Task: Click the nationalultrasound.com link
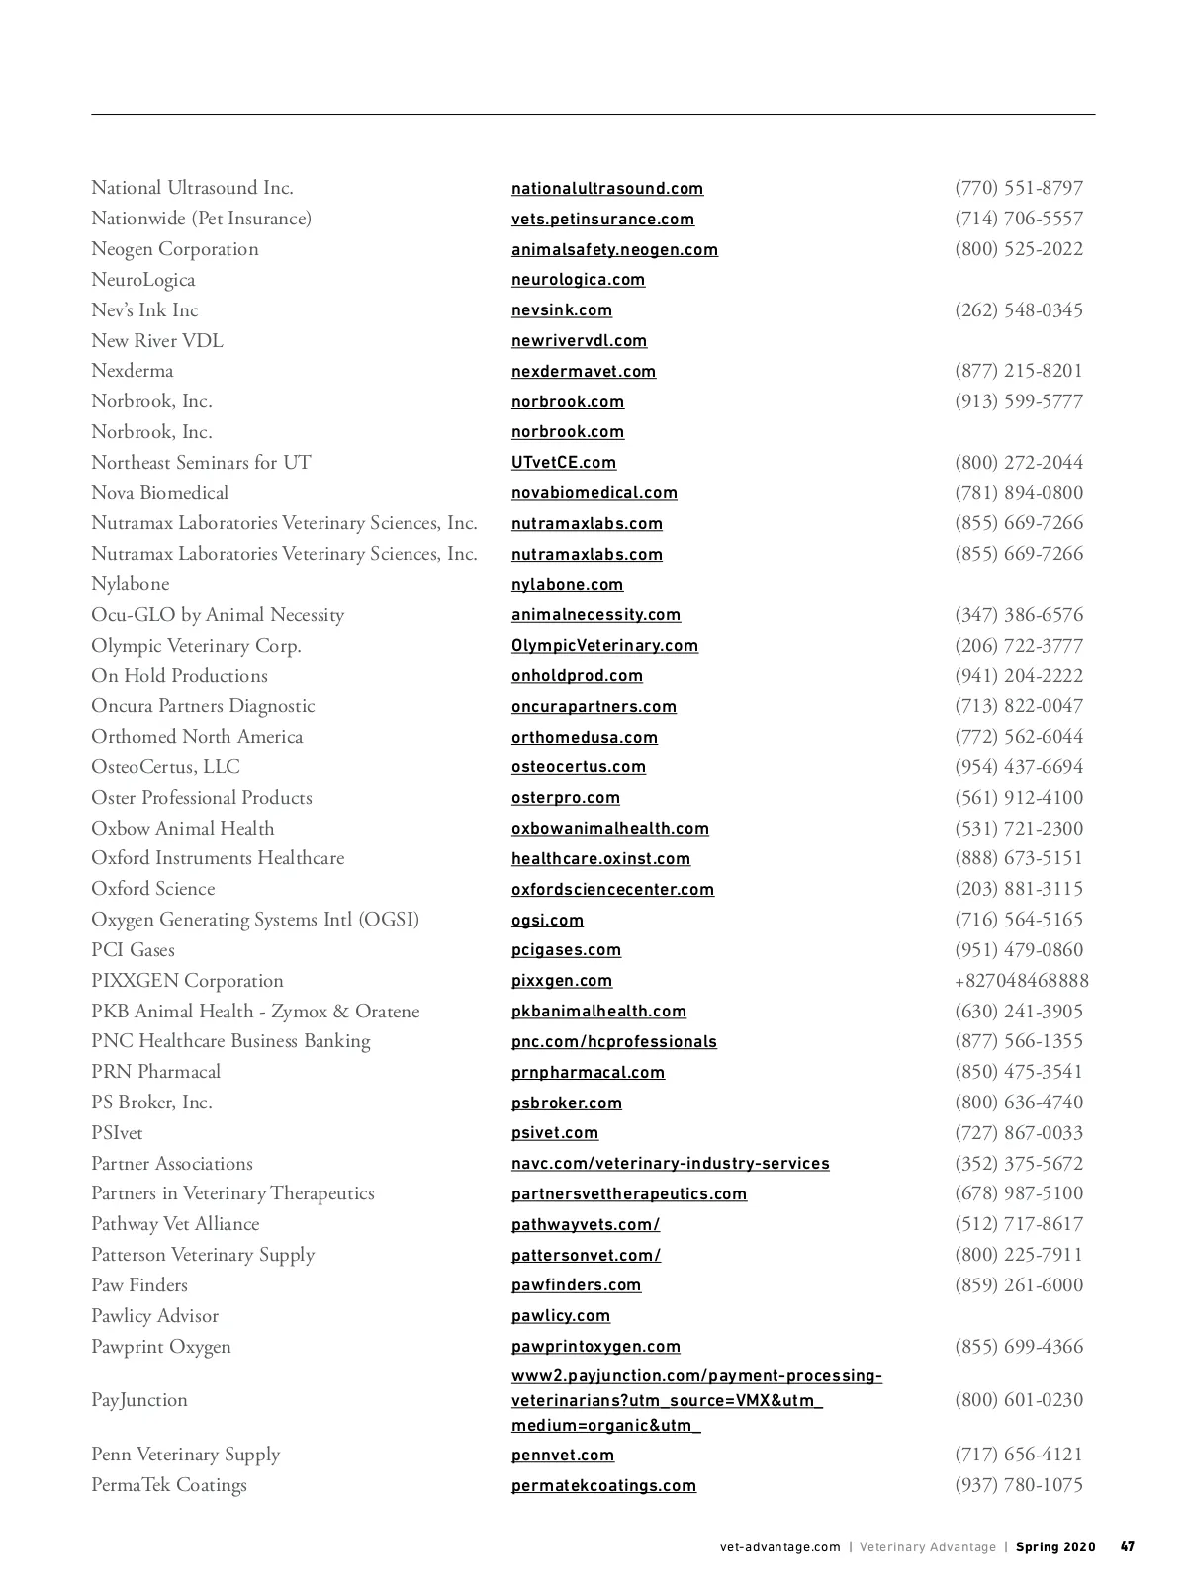click(x=607, y=189)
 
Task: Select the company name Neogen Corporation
click(x=175, y=249)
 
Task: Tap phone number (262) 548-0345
click(x=1019, y=310)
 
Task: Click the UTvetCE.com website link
click(x=564, y=463)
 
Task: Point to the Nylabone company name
click(x=131, y=584)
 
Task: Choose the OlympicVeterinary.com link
click(x=604, y=646)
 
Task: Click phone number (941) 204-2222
click(x=1019, y=676)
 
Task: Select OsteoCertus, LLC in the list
click(x=165, y=767)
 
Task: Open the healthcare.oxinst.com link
click(x=600, y=859)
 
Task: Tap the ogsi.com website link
click(x=547, y=921)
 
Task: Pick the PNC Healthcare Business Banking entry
click(x=230, y=1041)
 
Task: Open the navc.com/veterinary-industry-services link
click(x=671, y=1164)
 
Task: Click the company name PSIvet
click(x=117, y=1133)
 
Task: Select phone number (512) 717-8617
click(x=1019, y=1224)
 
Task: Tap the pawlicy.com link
click(x=561, y=1316)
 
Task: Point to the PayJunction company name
click(x=139, y=1400)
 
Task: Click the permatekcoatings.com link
click(x=603, y=1486)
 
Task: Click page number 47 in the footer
click(x=1128, y=1547)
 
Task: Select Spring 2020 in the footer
click(x=1055, y=1547)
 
